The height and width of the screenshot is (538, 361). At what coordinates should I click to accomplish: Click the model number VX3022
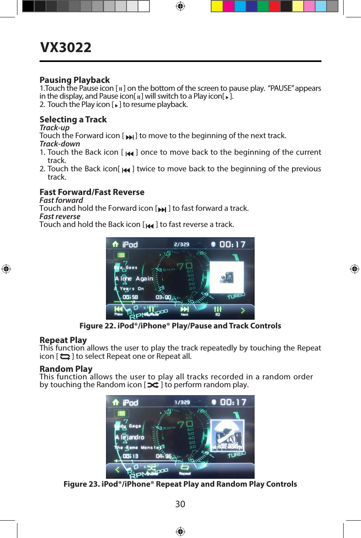click(x=66, y=47)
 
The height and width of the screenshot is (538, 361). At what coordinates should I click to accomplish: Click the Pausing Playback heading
click(x=74, y=80)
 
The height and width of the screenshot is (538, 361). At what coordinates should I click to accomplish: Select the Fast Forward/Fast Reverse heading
click(x=92, y=192)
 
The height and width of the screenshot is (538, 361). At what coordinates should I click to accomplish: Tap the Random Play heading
click(x=66, y=369)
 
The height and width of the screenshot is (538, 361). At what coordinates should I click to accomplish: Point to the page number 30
click(x=180, y=504)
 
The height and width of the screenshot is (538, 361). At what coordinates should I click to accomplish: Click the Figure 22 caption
click(x=180, y=326)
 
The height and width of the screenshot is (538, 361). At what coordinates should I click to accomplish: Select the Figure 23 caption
click(x=180, y=484)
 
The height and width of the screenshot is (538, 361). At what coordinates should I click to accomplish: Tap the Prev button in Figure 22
click(x=118, y=311)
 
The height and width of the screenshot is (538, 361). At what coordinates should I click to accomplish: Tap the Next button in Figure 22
click(x=185, y=311)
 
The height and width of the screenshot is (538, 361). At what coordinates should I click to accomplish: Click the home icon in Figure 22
click(x=115, y=244)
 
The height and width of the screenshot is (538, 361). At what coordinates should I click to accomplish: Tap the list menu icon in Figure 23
click(x=121, y=413)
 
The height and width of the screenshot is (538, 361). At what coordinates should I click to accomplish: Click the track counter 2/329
click(x=181, y=244)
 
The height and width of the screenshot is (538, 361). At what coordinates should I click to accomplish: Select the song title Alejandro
click(x=130, y=437)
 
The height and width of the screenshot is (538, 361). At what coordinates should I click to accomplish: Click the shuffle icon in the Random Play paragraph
click(x=153, y=385)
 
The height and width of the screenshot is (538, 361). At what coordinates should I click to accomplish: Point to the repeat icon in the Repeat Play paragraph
click(x=65, y=356)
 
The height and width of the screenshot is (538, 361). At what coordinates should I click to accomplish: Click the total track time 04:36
click(x=163, y=456)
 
